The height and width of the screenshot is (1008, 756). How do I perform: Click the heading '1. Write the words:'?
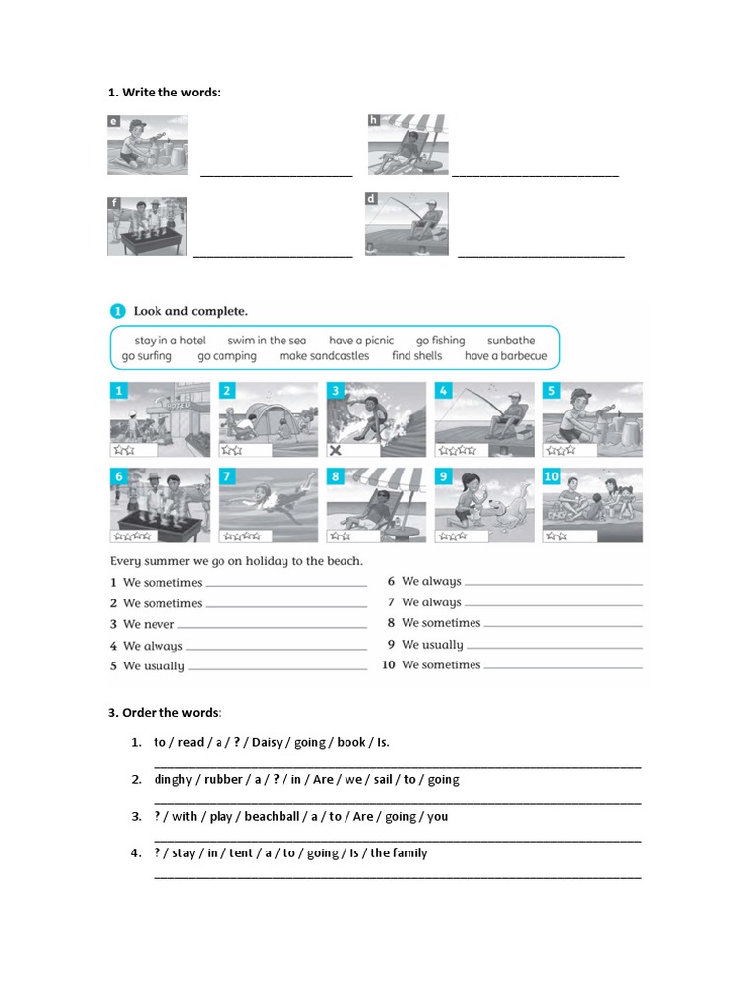pos(164,93)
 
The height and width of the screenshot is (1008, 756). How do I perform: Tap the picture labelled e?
pos(148,146)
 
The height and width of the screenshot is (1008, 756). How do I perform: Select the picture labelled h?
pos(407,146)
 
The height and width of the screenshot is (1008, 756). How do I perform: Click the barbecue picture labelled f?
pos(147,226)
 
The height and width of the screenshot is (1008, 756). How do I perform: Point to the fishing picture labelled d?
pos(406,224)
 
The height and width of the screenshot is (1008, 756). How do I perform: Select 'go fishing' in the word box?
pos(440,340)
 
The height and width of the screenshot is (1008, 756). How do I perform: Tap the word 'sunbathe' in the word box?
pos(511,340)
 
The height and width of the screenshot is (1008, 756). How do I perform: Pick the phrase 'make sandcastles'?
pos(324,356)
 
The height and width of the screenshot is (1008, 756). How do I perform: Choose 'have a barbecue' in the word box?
pos(505,356)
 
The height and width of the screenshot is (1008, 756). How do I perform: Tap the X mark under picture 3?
pos(337,450)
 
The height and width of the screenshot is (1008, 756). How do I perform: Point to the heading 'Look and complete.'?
pos(191,311)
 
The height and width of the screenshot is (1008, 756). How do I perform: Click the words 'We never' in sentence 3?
pos(149,624)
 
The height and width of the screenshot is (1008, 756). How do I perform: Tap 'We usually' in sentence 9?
pos(432,645)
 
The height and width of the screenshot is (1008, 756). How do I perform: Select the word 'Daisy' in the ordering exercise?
pos(267,742)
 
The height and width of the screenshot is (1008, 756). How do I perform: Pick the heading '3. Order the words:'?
pos(164,712)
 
